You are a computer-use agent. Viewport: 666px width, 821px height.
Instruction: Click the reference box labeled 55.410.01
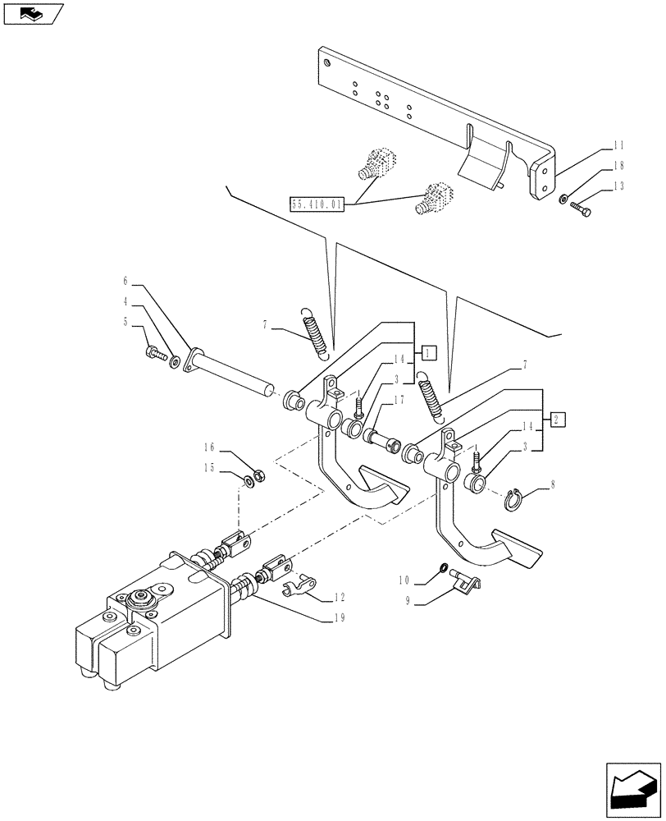point(317,203)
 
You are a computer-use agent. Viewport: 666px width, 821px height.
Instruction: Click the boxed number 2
point(558,420)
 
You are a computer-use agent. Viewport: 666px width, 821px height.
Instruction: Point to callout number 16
point(209,447)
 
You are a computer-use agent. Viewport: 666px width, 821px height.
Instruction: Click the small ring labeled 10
point(444,567)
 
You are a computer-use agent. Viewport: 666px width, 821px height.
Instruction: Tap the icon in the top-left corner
point(33,13)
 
